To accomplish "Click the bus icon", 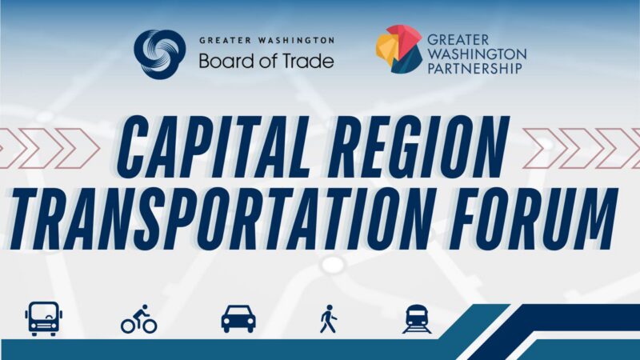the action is [44, 318].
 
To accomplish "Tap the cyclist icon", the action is [138, 319].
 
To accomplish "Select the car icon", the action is [238, 318].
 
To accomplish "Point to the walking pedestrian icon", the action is [329, 318].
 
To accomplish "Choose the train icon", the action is [417, 319].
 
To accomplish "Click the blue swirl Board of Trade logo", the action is [159, 54].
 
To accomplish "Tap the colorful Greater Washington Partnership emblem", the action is [398, 49].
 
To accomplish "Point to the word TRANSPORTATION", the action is [218, 219].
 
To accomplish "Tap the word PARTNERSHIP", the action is [474, 68].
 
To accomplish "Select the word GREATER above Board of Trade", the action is [225, 41].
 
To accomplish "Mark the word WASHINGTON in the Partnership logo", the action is [477, 54].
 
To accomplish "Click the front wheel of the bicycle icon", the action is [150, 326].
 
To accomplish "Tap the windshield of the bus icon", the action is [44, 313].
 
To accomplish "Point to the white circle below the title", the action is [333, 265].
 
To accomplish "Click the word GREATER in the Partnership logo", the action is [458, 40].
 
